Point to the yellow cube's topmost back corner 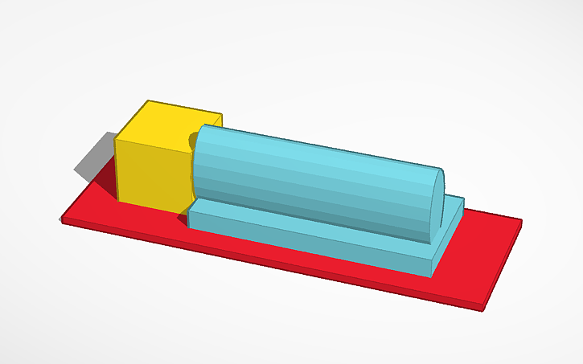point(149,101)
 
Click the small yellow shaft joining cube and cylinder point(193,141)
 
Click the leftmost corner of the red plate point(63,219)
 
